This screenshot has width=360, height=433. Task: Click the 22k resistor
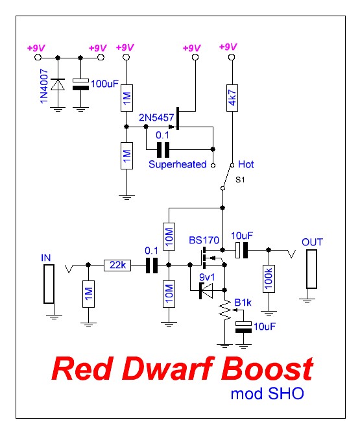(117, 265)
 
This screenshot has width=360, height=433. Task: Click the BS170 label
(202, 240)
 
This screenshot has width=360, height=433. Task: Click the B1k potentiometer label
(243, 302)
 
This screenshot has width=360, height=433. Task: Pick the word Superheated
(177, 164)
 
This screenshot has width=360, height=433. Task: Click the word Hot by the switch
(246, 164)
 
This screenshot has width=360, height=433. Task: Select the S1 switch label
(240, 178)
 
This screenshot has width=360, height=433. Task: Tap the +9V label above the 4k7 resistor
(228, 48)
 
